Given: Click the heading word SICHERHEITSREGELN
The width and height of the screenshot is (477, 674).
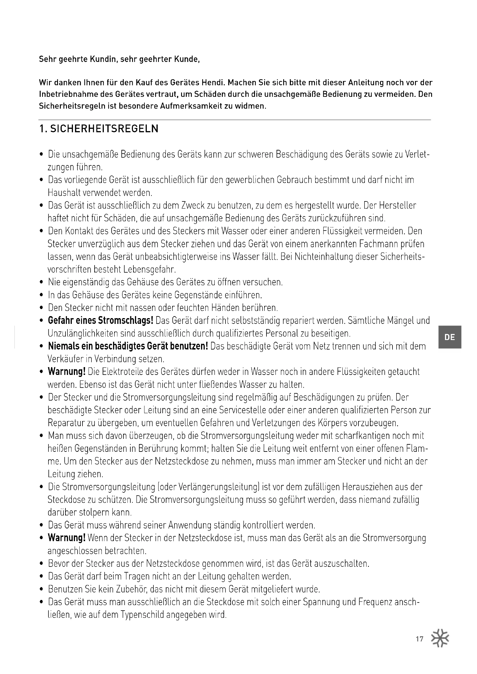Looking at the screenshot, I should [x=104, y=129].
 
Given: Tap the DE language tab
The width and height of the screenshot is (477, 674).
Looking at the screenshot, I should [x=450, y=337].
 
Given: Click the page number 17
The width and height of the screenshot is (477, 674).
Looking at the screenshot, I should [x=419, y=639].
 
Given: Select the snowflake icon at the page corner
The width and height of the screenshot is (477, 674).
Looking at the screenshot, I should [x=440, y=638].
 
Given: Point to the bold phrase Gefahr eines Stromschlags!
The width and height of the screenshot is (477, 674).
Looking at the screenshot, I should [x=100, y=320].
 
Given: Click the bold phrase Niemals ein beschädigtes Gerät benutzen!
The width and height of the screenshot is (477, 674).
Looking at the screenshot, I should [x=128, y=346].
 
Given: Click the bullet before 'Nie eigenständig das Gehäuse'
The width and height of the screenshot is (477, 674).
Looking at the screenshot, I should [x=42, y=283].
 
